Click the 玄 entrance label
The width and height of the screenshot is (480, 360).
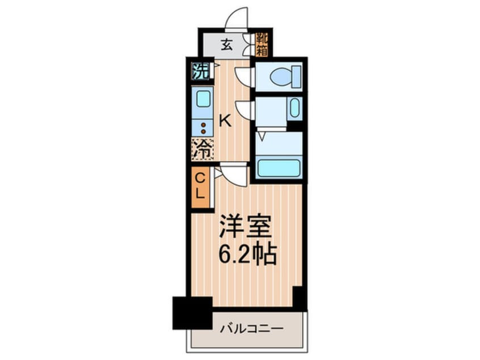(x=226, y=44)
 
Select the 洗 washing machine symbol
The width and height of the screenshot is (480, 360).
(x=200, y=71)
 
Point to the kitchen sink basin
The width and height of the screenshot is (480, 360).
(x=203, y=100)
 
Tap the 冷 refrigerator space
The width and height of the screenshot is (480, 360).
(x=203, y=149)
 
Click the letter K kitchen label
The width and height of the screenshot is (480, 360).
(x=225, y=120)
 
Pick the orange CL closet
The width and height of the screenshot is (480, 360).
(x=200, y=186)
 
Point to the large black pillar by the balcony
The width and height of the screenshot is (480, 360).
(x=192, y=313)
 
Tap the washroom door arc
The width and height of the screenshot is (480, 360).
(x=244, y=109)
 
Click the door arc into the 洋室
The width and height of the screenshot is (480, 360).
(x=234, y=174)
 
